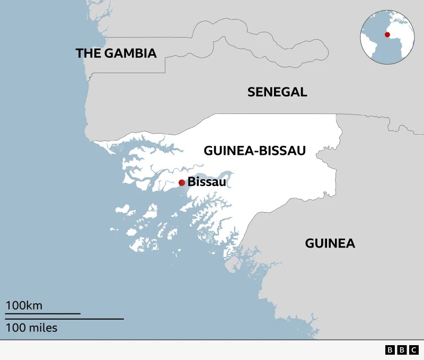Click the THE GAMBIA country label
tap(116, 53)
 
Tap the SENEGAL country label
tap(277, 92)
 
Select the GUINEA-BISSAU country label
tap(255, 151)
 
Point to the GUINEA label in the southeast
tap(330, 243)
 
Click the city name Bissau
tap(207, 182)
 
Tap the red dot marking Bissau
tap(182, 182)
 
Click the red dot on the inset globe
tap(387, 34)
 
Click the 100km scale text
tap(24, 305)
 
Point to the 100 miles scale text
tap(32, 328)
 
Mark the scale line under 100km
tap(43, 313)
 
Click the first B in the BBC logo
tap(390, 350)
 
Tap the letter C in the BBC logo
tap(414, 350)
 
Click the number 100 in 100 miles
tap(15, 328)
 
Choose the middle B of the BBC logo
tap(402, 350)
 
